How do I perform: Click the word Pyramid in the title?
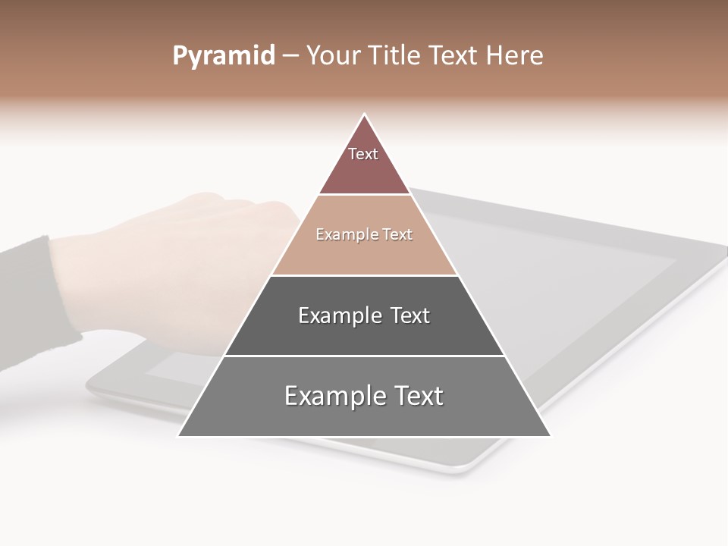point(223,56)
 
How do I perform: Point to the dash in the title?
point(290,56)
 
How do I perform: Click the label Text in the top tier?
point(363,154)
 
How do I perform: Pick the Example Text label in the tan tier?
point(364,235)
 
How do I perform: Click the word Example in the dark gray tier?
point(338,315)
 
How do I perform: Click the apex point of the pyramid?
point(365,115)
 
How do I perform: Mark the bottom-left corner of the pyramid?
point(179,435)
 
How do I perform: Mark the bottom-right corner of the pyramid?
point(550,435)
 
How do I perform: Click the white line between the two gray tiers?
point(364,356)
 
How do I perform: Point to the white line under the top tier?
point(364,195)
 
